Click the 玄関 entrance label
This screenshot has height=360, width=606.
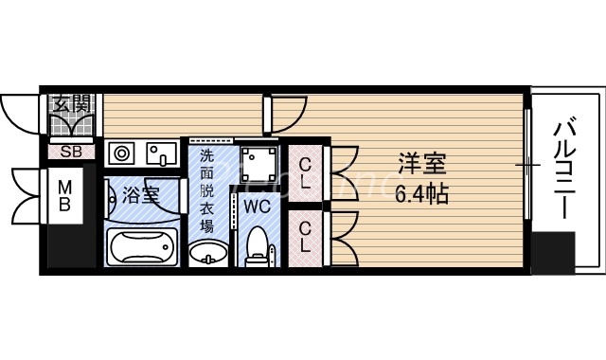point(70,104)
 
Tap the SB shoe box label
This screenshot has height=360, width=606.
point(70,151)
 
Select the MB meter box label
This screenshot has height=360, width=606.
point(64,196)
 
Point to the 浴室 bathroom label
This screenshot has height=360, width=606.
point(142,196)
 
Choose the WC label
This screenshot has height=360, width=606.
point(258,205)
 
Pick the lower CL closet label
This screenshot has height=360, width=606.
point(306,236)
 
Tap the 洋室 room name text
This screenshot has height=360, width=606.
point(419,164)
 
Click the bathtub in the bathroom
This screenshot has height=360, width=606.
point(142,247)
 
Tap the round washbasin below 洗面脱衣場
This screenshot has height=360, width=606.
point(207,254)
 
